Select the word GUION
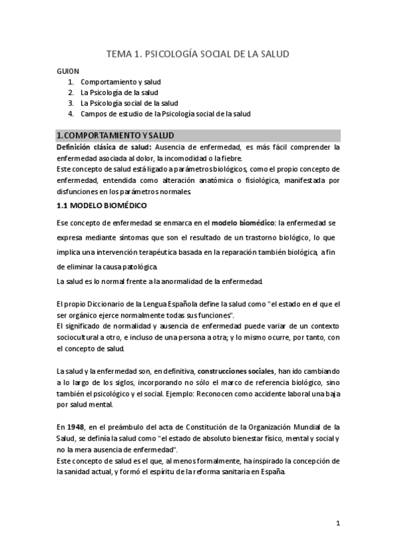click(68, 71)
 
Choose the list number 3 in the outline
click(71, 103)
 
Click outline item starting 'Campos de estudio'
click(165, 114)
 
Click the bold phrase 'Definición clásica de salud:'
click(104, 147)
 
